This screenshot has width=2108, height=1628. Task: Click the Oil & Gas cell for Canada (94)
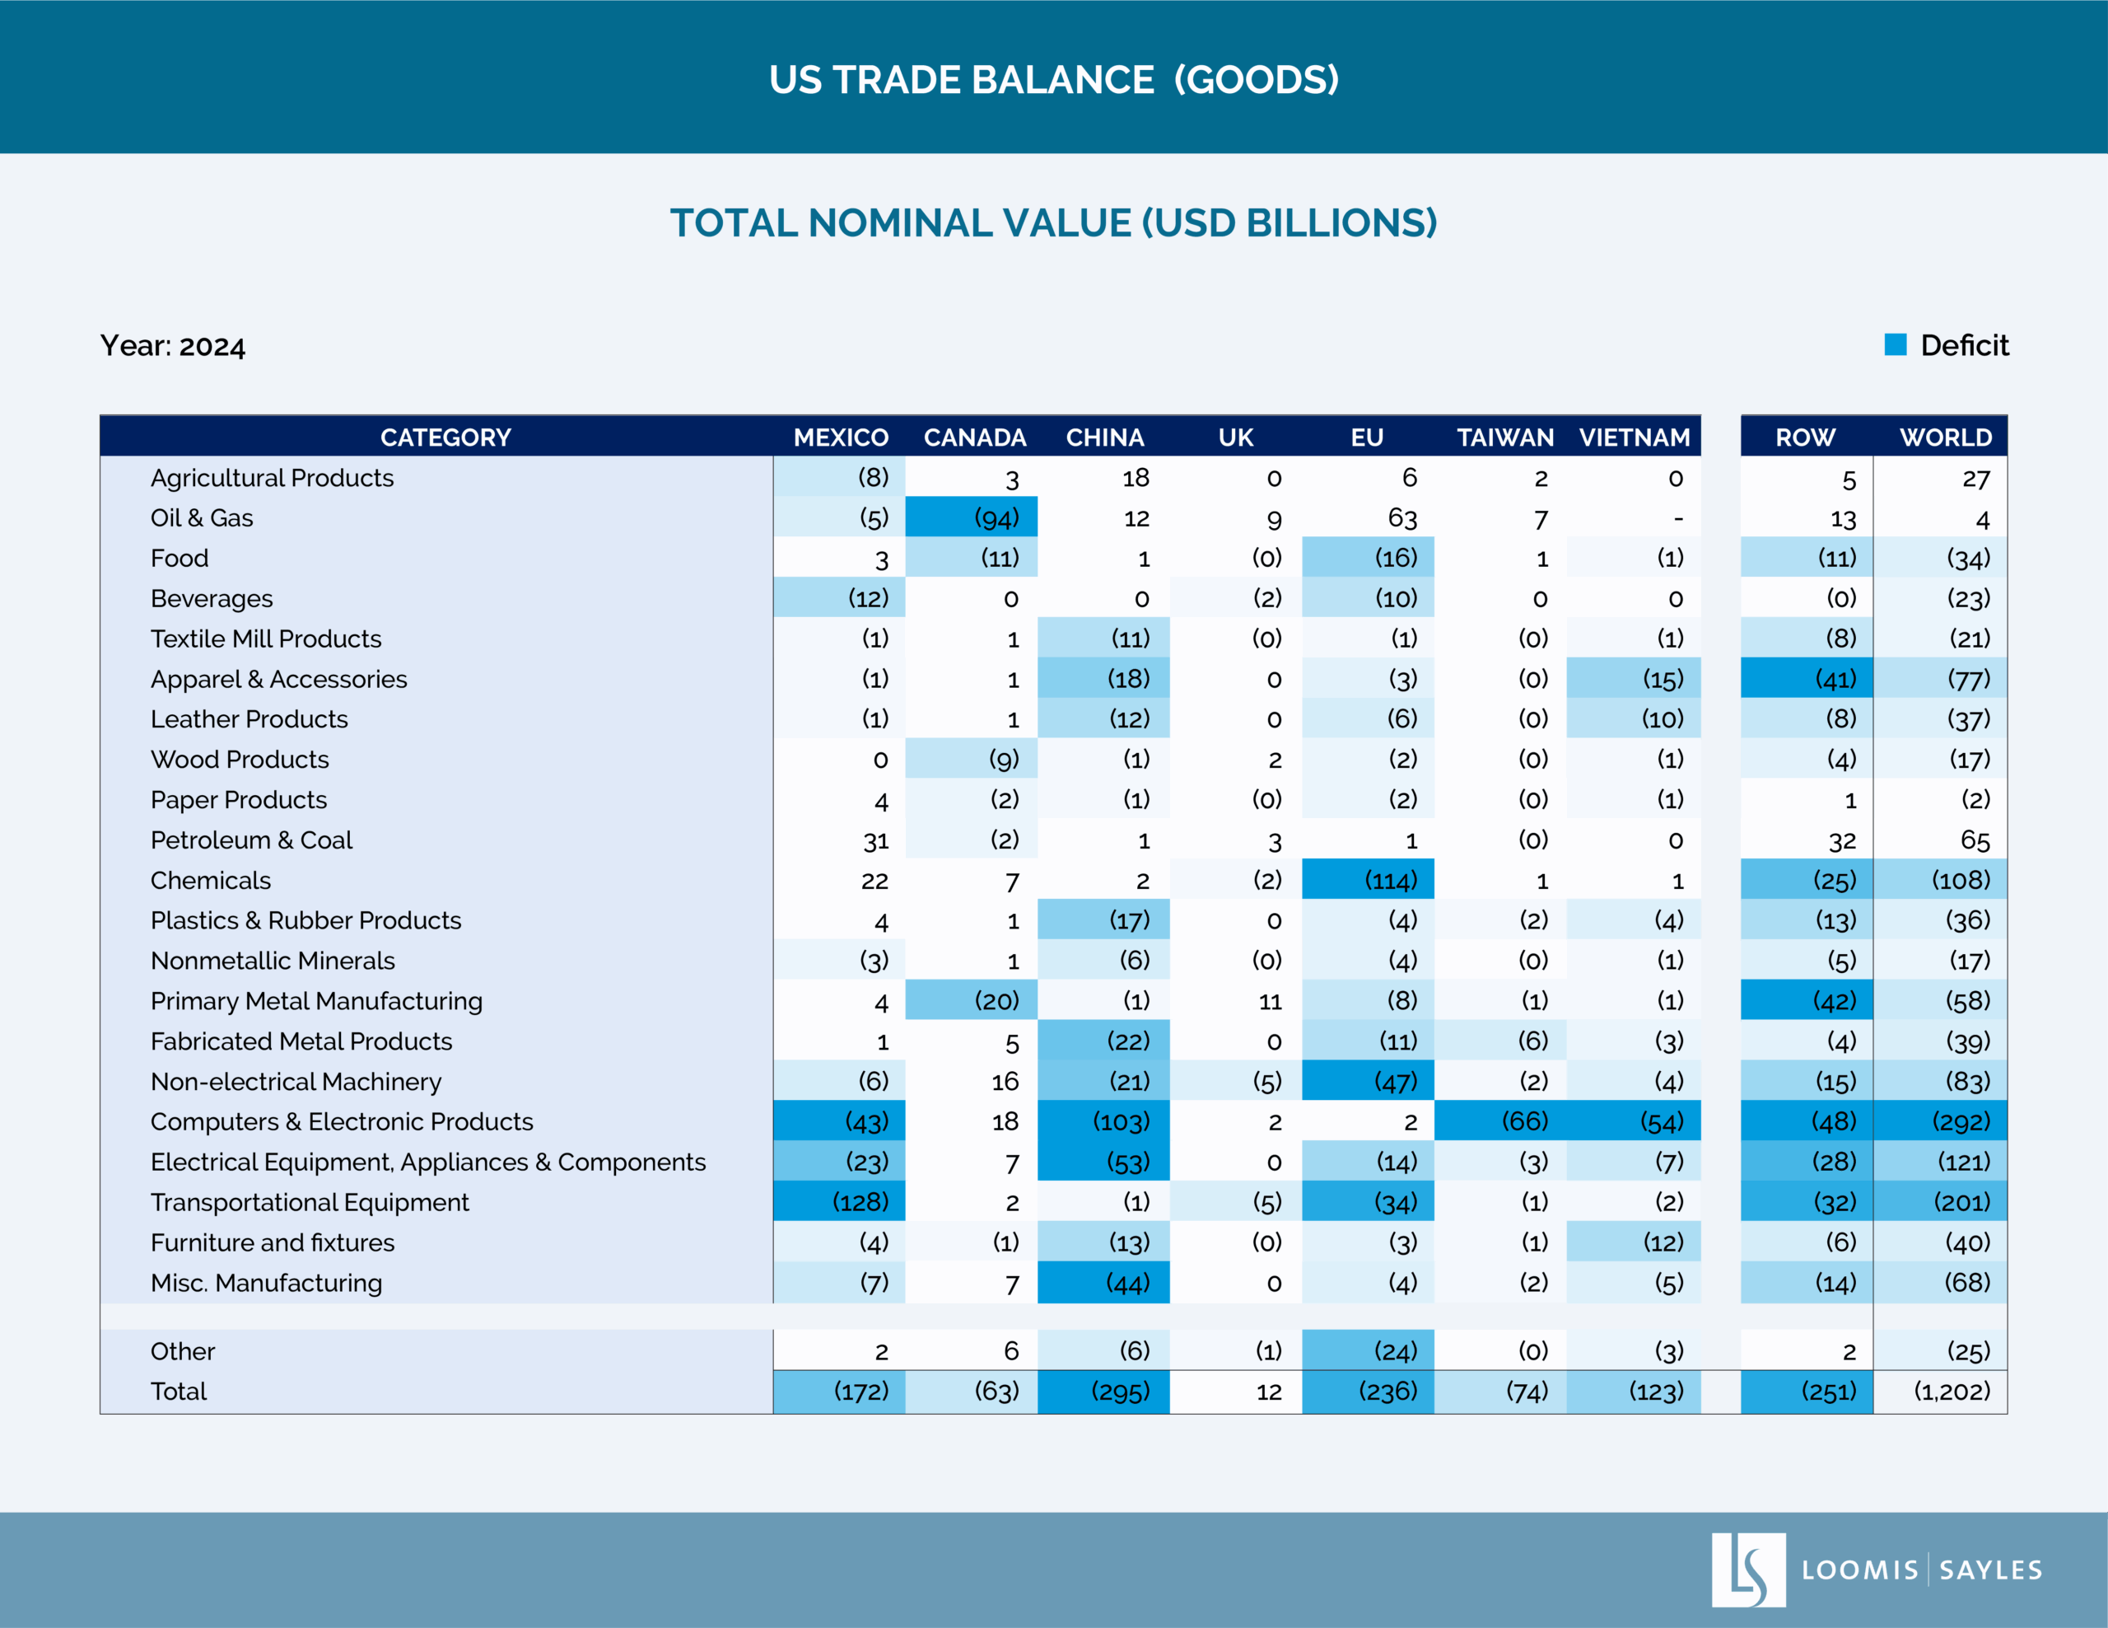click(971, 517)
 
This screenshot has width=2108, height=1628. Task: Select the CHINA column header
click(1104, 437)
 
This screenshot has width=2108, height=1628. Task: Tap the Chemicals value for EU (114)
click(1368, 880)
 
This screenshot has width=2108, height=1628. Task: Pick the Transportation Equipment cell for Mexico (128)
click(839, 1201)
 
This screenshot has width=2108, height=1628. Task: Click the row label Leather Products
click(249, 719)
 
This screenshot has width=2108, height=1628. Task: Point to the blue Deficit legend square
click(1895, 344)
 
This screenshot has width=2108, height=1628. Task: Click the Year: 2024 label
click(173, 346)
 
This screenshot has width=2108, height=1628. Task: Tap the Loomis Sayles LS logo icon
click(1748, 1570)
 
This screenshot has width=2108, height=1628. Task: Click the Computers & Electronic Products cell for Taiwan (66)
click(1500, 1121)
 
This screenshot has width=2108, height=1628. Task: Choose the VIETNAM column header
click(1634, 437)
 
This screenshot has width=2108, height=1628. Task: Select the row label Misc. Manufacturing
click(267, 1282)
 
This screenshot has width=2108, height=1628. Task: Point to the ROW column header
click(1805, 437)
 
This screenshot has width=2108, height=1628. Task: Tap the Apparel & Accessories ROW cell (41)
click(1807, 679)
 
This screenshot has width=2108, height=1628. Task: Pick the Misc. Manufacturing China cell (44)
click(1104, 1282)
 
